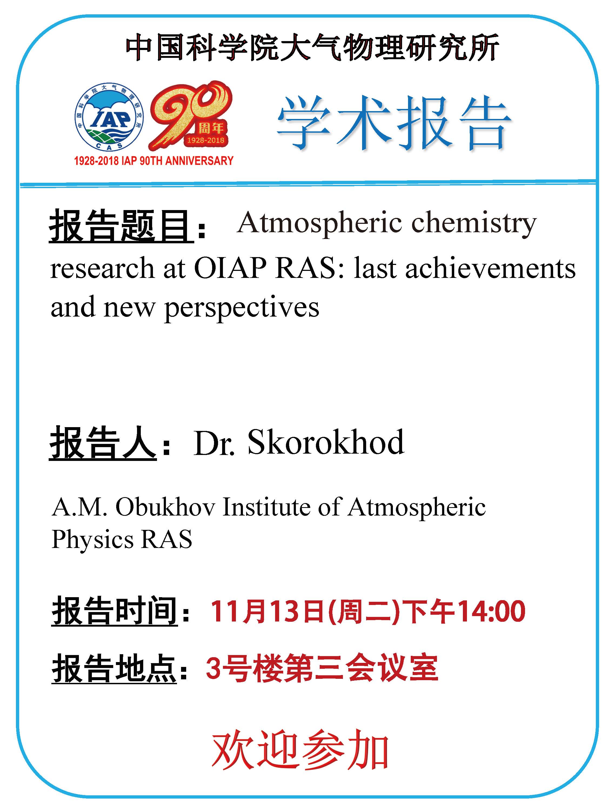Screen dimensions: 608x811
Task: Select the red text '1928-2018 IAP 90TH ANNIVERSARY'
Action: coord(153,161)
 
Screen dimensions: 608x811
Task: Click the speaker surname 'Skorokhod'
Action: coord(326,442)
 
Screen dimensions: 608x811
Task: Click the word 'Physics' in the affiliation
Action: coord(92,540)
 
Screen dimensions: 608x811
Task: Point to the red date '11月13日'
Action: coord(266,611)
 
